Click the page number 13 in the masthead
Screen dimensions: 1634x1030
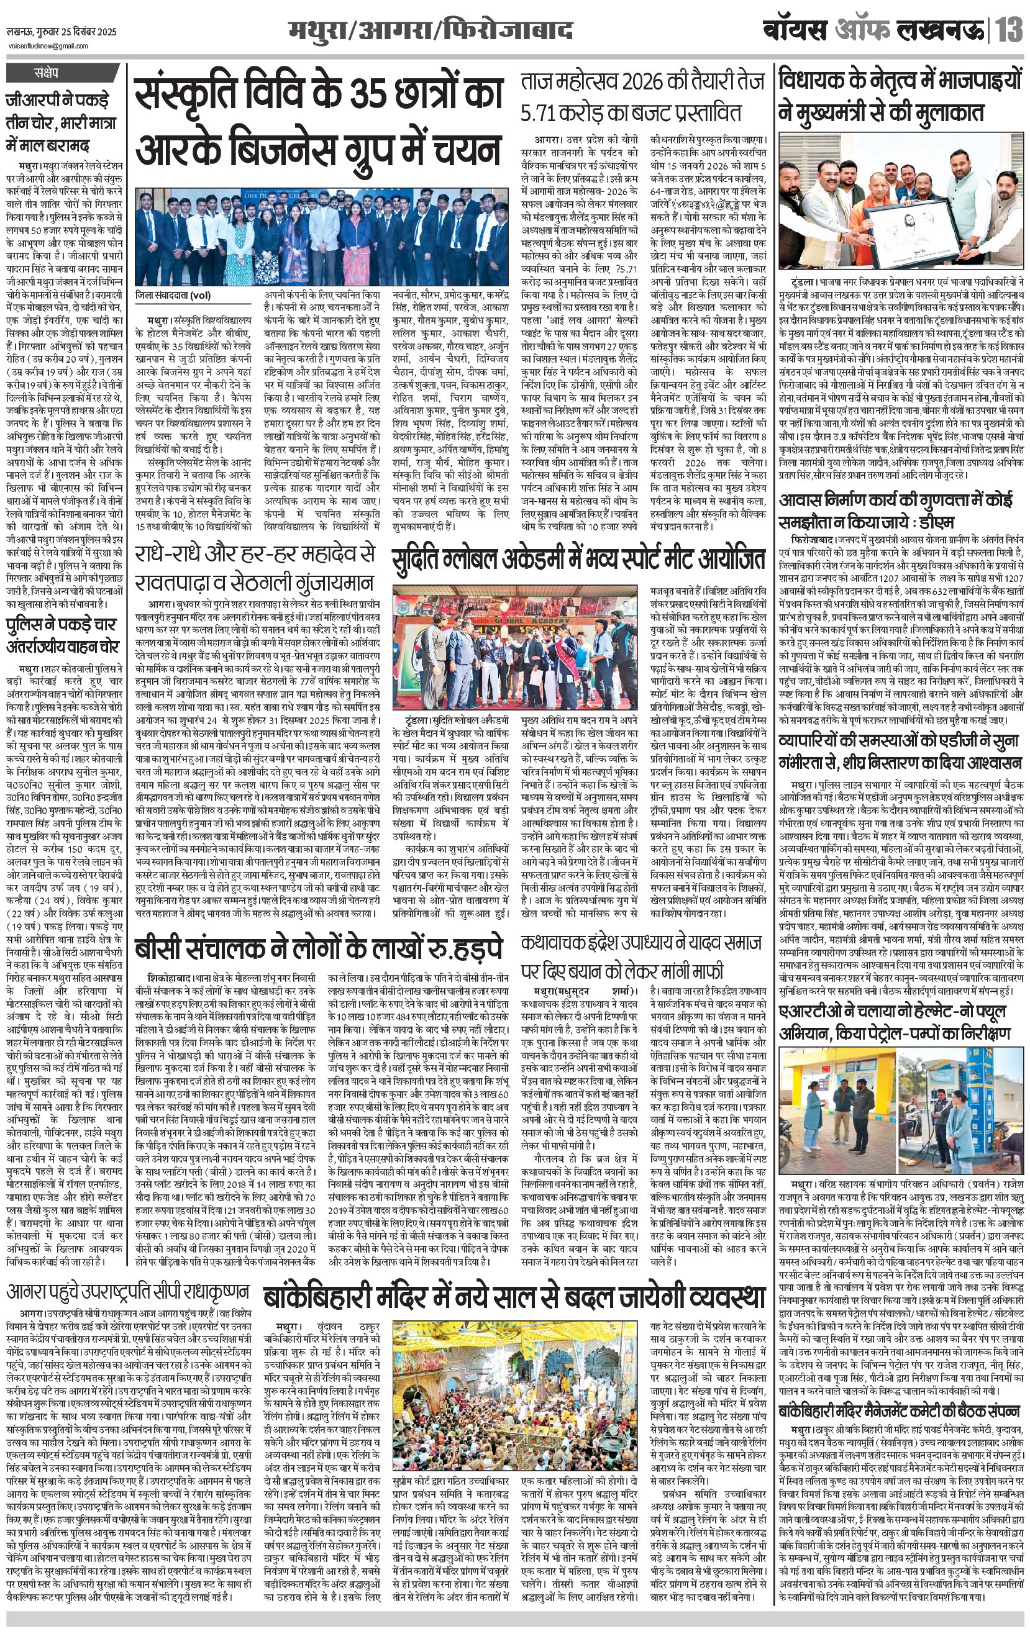pyautogui.click(x=1009, y=31)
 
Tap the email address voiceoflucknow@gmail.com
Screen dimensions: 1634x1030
pyautogui.click(x=48, y=45)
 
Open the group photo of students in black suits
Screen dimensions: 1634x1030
pyautogui.click(x=319, y=237)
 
